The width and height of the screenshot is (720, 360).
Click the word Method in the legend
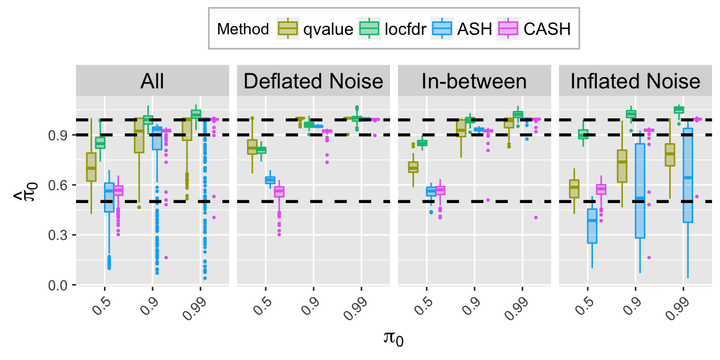[243, 29]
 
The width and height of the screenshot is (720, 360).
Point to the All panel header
[152, 82]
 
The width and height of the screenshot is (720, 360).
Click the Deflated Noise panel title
[313, 82]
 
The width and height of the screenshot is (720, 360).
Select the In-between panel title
[475, 82]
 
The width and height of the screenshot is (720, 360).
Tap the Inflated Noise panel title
[635, 82]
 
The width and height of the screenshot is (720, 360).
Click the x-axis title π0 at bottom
[393, 339]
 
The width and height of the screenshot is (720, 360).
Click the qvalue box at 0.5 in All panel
[91, 167]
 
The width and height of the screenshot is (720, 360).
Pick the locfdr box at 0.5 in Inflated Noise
[583, 134]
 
